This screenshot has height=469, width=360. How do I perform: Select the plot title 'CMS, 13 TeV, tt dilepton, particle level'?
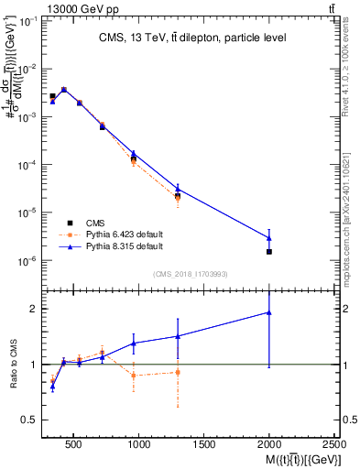point(192,38)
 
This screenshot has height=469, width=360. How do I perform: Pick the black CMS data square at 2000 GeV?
point(269,251)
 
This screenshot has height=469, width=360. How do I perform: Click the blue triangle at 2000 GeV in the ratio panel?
point(269,312)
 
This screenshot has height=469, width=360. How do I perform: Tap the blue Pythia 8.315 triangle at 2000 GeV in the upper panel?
point(269,238)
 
